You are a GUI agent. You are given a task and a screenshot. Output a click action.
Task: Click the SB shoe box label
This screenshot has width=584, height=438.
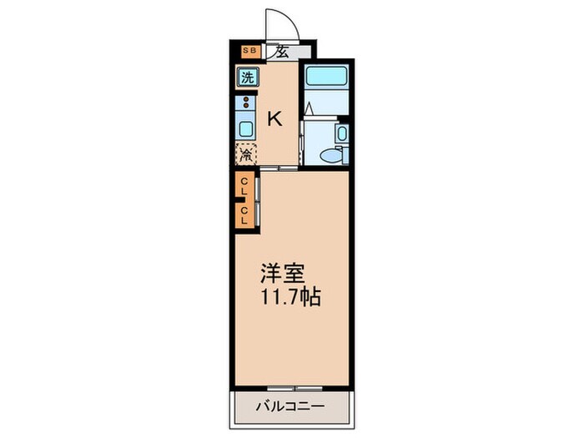pos(247,52)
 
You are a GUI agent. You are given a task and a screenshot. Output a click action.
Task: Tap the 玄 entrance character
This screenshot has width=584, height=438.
pos(282,52)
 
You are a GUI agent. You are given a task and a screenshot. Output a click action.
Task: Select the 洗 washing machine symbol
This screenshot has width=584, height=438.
pos(247,78)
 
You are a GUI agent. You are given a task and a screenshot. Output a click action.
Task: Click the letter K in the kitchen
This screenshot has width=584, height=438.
pos(274,118)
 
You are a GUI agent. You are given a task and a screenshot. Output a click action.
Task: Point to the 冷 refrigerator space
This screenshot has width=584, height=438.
pos(246,154)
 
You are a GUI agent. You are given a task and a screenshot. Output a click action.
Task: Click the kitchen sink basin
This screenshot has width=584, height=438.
pos(246,128)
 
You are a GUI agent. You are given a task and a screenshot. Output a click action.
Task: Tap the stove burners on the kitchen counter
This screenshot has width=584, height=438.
pos(246,104)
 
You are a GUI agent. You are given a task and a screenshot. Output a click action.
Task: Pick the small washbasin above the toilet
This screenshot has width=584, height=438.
pos(342,134)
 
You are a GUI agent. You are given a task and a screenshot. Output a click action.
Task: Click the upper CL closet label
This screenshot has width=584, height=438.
pos(244,185)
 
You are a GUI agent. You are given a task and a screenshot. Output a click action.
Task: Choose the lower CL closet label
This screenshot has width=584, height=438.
pos(244,215)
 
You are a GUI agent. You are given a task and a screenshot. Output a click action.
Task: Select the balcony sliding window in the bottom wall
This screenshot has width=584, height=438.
pos(290,388)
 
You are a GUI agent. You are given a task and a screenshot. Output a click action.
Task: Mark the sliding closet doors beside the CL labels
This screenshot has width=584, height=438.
pos(259,202)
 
